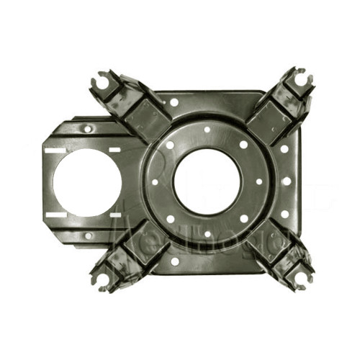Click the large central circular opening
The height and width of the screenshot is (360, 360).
(x=207, y=181)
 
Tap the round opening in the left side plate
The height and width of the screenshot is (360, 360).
(x=81, y=183)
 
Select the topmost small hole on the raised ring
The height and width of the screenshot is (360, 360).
(x=207, y=130)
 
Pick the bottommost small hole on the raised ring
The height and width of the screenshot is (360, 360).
(x=207, y=233)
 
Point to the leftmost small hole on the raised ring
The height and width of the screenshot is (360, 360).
(x=155, y=181)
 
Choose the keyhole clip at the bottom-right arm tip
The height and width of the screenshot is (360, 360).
(x=302, y=277)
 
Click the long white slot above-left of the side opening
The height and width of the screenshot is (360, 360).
(x=54, y=151)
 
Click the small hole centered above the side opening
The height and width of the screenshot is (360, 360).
(x=87, y=130)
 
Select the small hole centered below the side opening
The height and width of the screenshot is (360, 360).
(x=87, y=235)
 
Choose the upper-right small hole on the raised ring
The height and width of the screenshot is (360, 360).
(x=243, y=145)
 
